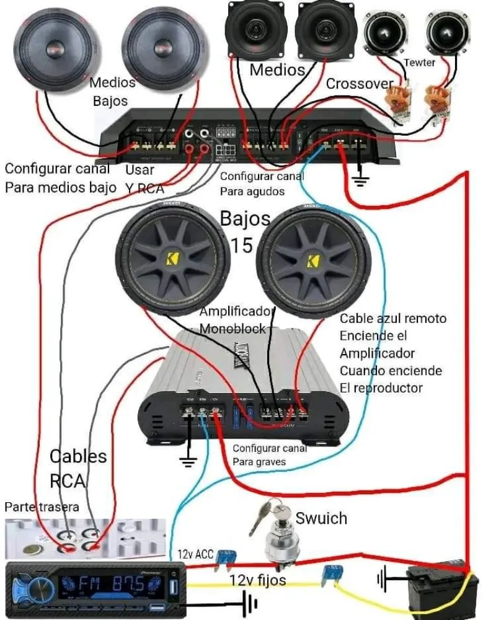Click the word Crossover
(360, 83)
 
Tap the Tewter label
(419, 63)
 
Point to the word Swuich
(321, 518)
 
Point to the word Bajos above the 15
(246, 218)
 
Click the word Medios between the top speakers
(277, 69)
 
